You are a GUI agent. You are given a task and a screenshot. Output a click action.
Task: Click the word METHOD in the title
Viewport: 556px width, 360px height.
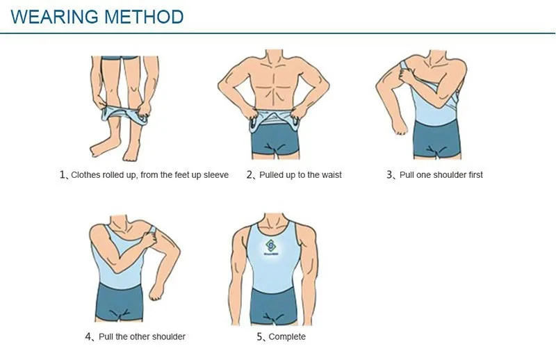coord(144,17)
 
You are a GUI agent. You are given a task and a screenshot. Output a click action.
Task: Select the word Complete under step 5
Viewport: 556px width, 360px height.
coord(287,337)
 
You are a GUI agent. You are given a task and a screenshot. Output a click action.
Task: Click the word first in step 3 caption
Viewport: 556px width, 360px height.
coord(473,175)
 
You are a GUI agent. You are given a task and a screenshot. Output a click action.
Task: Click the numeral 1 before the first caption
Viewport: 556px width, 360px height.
coord(62,175)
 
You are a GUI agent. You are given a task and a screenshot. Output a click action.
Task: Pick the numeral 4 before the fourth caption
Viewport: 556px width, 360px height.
coord(89,337)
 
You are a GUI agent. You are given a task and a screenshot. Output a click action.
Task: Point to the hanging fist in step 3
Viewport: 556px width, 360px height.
coord(399,129)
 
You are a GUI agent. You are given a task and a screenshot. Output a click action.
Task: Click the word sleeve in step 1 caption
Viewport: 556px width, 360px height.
coord(215,175)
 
